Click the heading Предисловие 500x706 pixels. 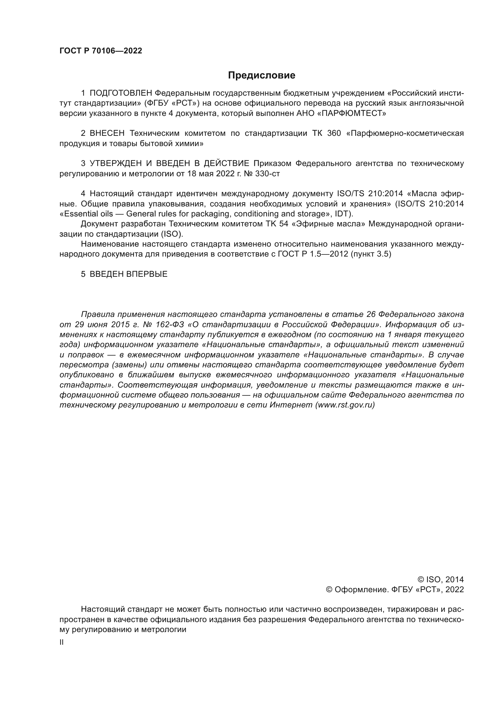point(261,75)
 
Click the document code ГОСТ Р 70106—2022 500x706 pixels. point(101,51)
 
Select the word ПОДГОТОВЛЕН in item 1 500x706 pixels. point(120,93)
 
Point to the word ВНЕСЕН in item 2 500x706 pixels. point(107,133)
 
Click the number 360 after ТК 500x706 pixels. point(334,133)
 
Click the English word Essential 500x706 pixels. point(79,214)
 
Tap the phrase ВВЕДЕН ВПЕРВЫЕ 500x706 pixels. point(128,274)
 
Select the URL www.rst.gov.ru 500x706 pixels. point(345,405)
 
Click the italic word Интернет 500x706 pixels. point(291,405)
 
